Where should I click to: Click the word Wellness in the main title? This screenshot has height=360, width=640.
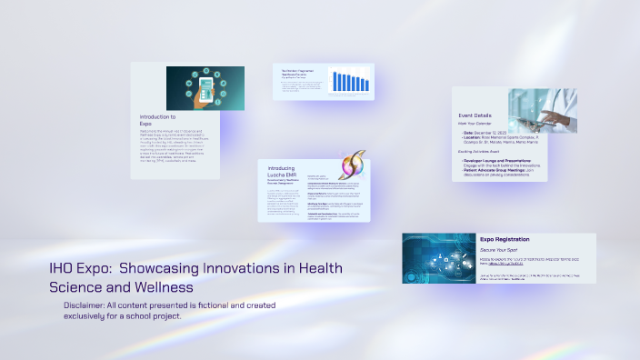click(x=173, y=287)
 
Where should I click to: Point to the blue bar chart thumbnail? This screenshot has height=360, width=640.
click(x=348, y=82)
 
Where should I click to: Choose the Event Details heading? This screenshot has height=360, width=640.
click(x=476, y=115)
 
